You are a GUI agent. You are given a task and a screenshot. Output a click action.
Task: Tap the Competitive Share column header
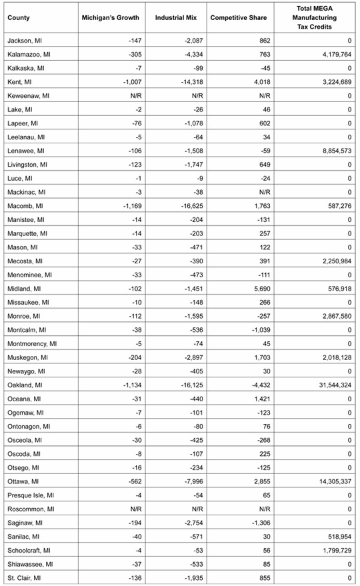tap(239, 17)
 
